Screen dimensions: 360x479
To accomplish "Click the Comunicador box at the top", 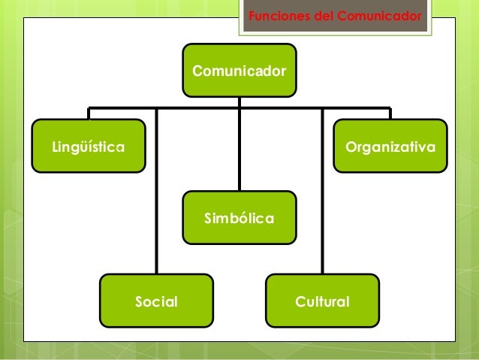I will [239, 71].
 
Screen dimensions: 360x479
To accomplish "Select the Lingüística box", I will [88, 147].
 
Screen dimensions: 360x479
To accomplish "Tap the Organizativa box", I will [390, 147].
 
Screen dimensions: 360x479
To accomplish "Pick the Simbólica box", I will [239, 218].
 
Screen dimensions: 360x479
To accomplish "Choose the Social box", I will [156, 301].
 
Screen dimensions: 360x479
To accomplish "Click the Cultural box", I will [322, 301].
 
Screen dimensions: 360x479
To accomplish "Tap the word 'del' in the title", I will [325, 15].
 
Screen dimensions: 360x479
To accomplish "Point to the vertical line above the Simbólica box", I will [239, 150].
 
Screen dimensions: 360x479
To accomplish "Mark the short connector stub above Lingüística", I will [89, 114].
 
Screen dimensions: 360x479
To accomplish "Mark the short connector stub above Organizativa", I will [390, 114].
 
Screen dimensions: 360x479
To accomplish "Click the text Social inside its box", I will [156, 302].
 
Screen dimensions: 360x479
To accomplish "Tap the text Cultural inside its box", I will [322, 302].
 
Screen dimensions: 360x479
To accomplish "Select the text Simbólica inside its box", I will [239, 219].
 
